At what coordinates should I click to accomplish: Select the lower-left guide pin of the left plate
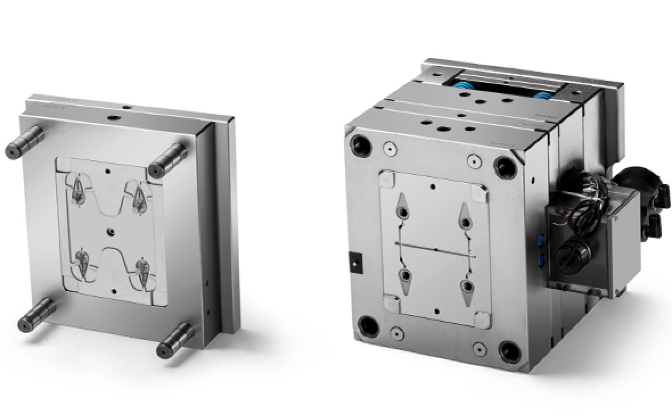tap(39, 315)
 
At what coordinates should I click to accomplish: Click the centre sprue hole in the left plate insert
tap(110, 231)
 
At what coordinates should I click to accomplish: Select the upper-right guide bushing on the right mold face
tap(505, 165)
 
